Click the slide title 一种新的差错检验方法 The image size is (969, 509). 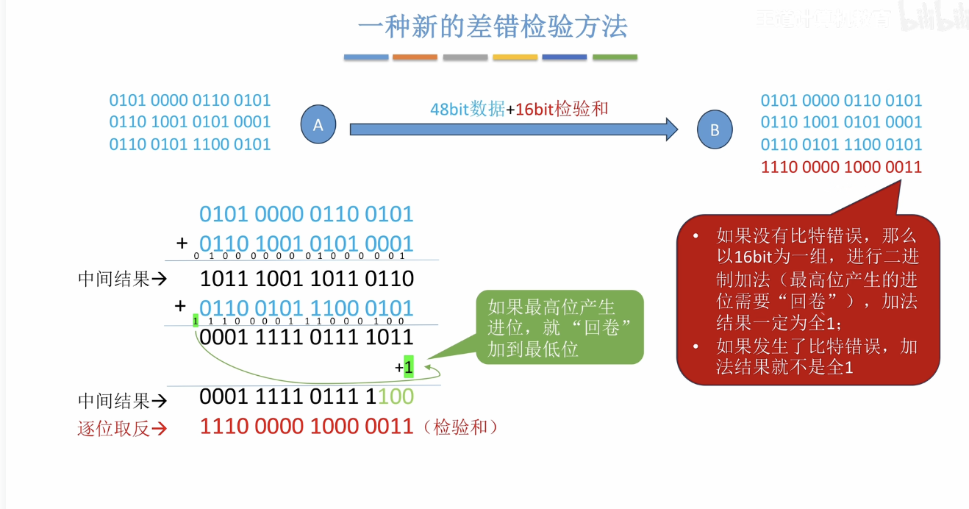493,27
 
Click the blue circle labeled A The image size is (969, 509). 318,125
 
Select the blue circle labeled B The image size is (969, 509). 715,130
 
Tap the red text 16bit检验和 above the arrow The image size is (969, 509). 562,109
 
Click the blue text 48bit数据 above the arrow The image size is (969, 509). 467,109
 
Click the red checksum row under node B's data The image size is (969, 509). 841,167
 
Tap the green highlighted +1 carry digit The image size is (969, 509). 408,366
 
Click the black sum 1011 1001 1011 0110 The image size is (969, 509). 307,279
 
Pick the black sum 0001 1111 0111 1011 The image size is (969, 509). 307,338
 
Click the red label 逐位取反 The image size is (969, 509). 114,429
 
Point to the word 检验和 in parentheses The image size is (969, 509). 461,427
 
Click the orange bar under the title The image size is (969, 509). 415,57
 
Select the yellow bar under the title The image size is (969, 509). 515,57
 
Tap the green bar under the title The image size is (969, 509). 615,57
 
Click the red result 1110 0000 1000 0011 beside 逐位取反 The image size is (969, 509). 307,426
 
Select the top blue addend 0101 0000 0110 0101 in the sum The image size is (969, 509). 307,215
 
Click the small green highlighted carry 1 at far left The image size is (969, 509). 196,321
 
